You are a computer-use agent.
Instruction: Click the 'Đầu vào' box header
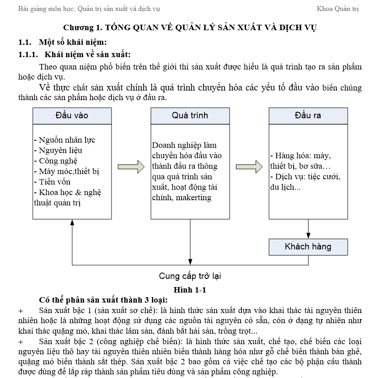[x=72, y=116]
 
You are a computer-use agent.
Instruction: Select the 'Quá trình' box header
[x=190, y=116]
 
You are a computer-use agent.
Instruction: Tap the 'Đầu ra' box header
[x=308, y=116]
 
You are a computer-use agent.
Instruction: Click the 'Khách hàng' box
[x=308, y=247]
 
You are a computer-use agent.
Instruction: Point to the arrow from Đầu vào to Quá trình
[x=131, y=167]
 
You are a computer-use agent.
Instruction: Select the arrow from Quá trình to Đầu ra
[x=249, y=167]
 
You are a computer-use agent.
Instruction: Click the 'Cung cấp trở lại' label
[x=190, y=276]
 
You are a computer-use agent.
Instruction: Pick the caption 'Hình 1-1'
[x=190, y=289]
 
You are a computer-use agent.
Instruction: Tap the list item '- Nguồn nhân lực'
[x=64, y=140]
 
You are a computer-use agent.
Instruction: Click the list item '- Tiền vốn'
[x=52, y=182]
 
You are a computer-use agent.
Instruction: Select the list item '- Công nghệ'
[x=55, y=161]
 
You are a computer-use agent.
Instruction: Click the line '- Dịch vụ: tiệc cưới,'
[x=305, y=176]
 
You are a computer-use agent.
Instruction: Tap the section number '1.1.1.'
[x=28, y=55]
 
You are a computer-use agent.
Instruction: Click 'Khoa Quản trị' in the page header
[x=337, y=9]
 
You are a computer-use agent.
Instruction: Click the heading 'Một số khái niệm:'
[x=73, y=43]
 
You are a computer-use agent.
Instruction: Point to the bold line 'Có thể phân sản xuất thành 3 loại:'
[x=103, y=300]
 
